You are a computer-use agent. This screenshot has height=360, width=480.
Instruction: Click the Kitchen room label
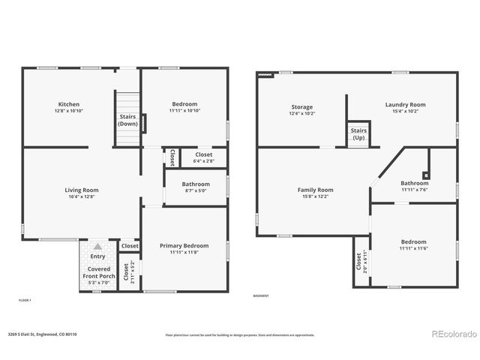pos(68,104)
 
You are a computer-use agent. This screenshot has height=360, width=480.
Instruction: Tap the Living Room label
pos(81,190)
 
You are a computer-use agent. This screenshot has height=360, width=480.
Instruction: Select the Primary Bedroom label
pos(184,245)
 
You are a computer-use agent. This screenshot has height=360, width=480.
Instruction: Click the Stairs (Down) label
pos(127,120)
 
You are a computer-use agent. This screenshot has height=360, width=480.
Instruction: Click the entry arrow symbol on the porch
pos(96,247)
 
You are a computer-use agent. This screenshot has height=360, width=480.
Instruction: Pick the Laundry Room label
pos(405,104)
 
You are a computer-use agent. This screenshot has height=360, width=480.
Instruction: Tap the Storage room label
pos(301,107)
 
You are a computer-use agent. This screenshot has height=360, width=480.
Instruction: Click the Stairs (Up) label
pos(358,134)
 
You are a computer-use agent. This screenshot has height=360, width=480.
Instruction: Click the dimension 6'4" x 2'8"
pos(203,161)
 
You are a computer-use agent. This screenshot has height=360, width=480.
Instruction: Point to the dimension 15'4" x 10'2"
pos(405,112)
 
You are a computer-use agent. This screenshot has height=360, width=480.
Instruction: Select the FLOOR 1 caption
pos(25,300)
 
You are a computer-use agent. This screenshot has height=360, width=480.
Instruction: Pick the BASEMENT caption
pos(261,295)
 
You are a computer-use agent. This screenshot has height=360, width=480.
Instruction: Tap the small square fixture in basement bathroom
pos(426,175)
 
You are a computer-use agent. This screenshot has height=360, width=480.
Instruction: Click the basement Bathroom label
pos(414,183)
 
